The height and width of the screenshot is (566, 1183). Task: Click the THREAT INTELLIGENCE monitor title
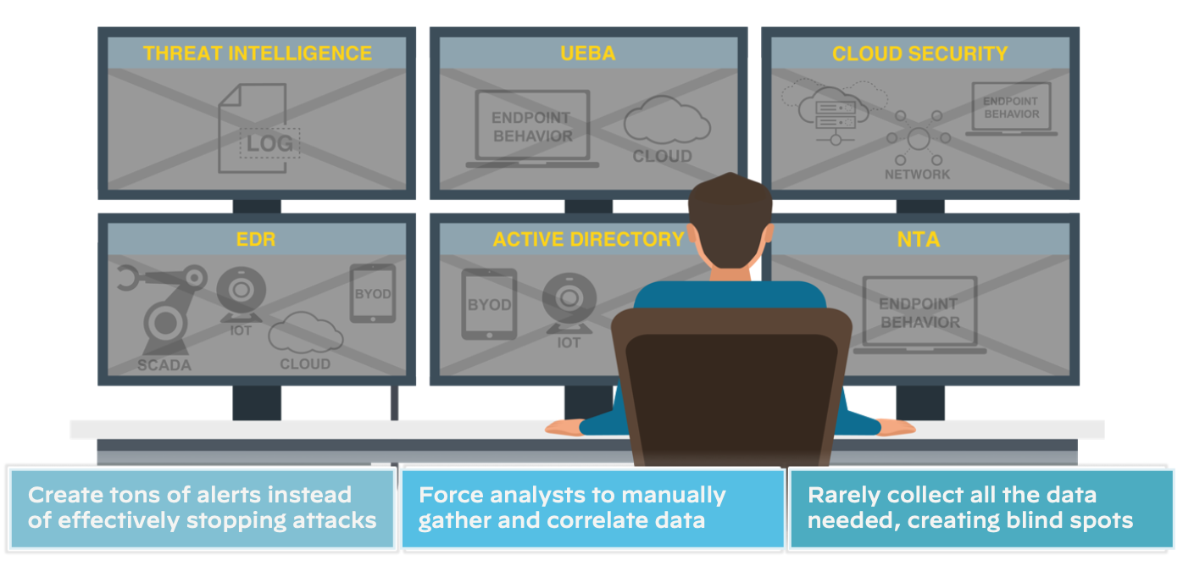pos(257,53)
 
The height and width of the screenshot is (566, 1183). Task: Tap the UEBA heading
pos(587,53)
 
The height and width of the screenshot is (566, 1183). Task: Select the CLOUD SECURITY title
pos(919,53)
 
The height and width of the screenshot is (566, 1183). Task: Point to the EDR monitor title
pos(256,240)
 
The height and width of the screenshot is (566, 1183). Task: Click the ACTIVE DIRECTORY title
pos(588,240)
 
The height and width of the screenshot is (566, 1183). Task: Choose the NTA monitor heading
pos(919,240)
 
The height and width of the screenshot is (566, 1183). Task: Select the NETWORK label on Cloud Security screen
pos(918,174)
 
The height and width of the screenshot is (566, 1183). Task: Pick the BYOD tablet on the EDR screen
pos(372,293)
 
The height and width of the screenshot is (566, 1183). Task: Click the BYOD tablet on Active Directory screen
pos(489,303)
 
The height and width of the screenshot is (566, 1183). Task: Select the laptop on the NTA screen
pos(919,314)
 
